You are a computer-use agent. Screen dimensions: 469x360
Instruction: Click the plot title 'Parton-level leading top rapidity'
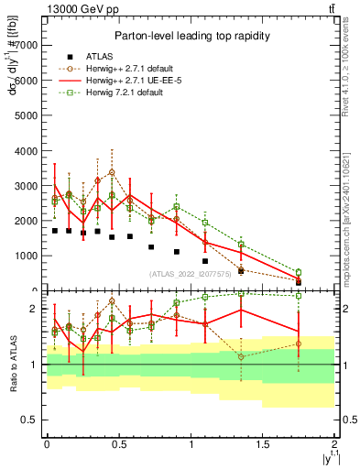[190, 36]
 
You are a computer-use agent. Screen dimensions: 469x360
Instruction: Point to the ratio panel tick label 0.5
[30, 420]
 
